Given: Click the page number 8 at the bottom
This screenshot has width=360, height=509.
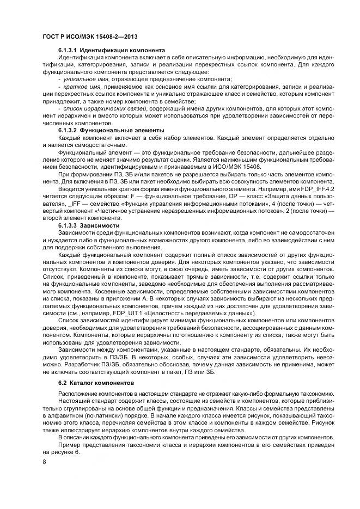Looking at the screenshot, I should (44, 461).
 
